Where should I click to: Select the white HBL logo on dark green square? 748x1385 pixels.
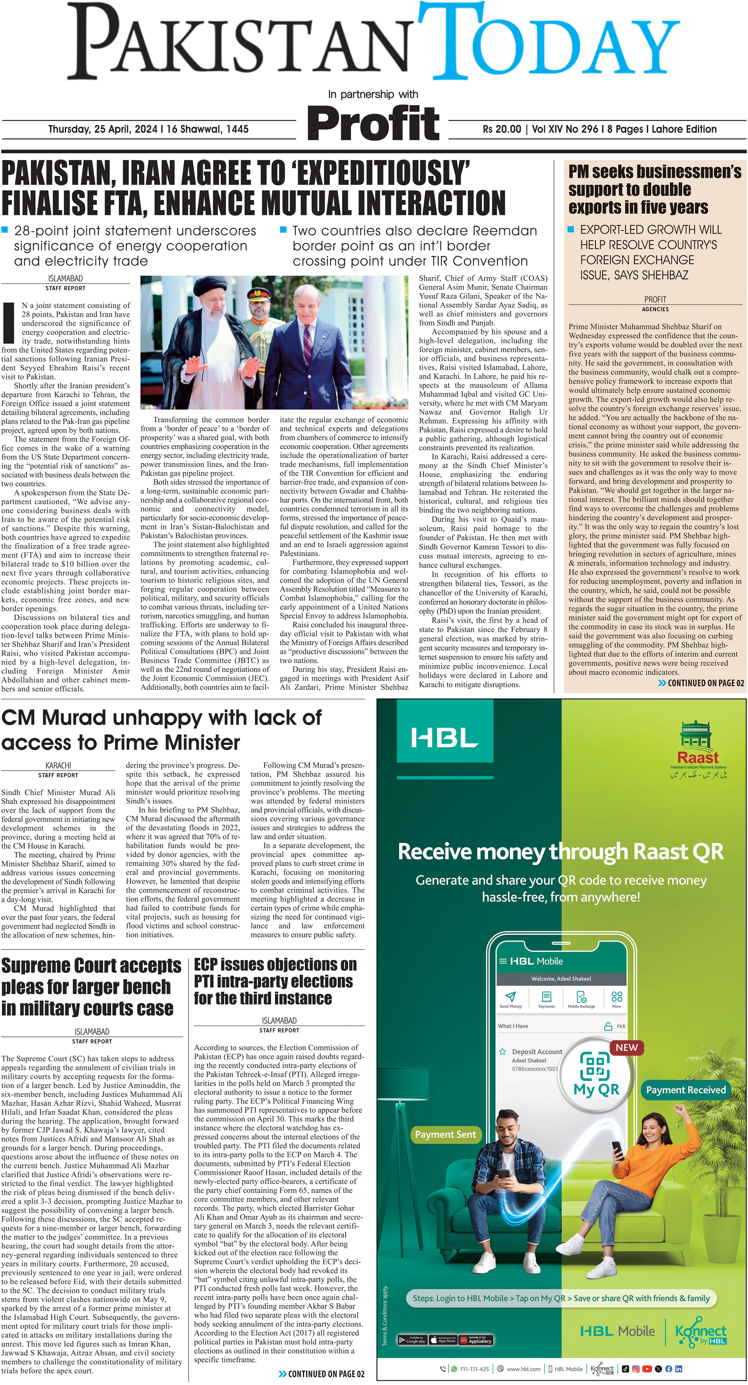(x=444, y=738)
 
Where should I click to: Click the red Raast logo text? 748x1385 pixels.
(x=698, y=757)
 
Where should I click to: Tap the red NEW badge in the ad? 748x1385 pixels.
(x=627, y=1047)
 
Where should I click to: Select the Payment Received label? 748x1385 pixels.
(x=686, y=1090)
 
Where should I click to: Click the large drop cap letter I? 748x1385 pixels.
(x=9, y=323)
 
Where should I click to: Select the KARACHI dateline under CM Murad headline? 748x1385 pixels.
(x=58, y=765)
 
